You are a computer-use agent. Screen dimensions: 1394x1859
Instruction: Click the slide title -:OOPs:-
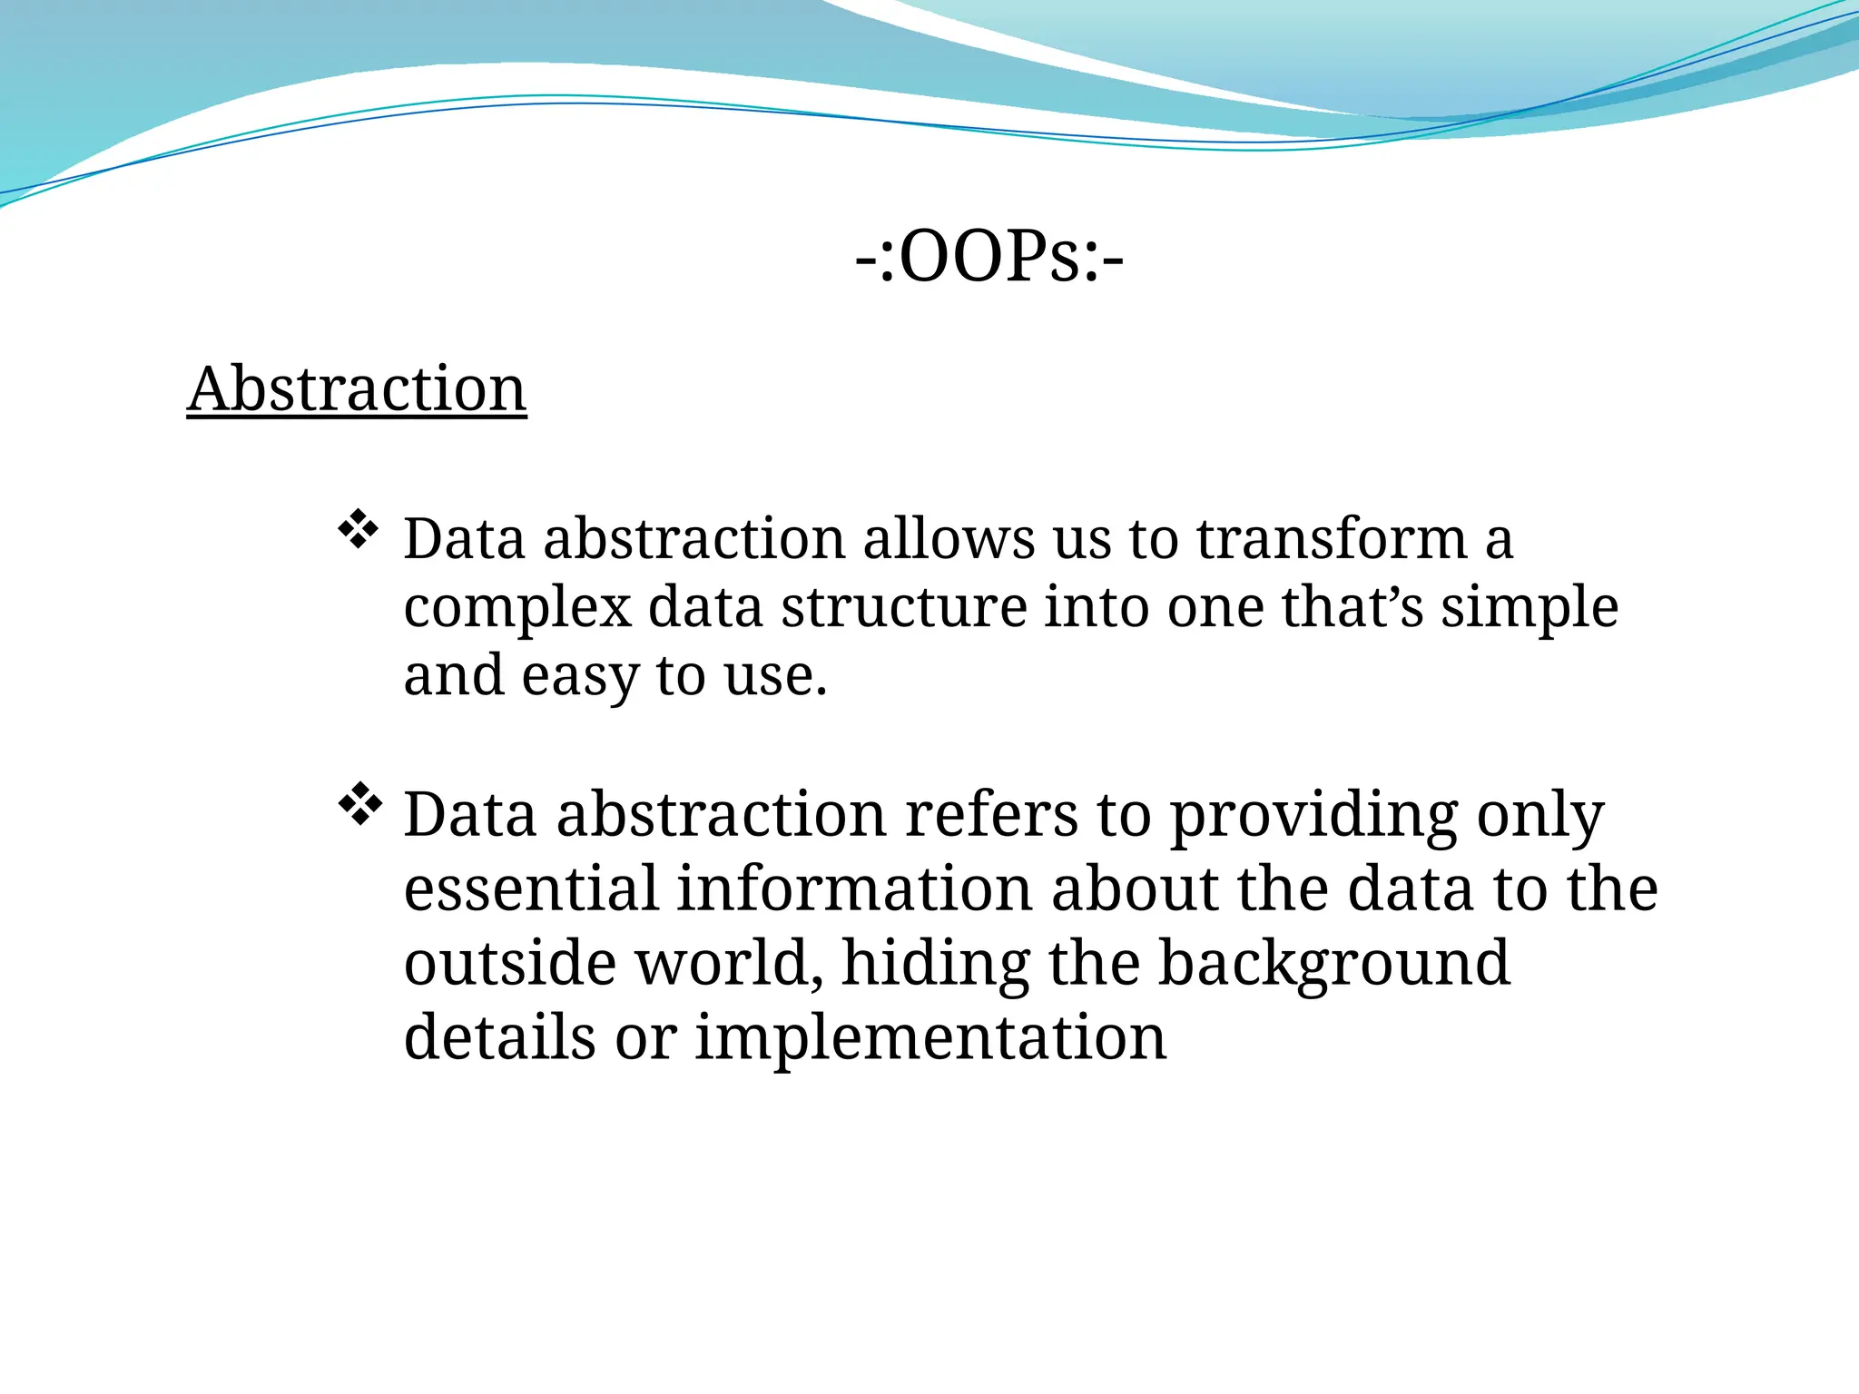[989, 258]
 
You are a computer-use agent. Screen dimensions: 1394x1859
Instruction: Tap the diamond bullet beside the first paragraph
[358, 530]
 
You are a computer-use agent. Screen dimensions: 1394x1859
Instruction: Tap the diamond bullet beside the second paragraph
[359, 803]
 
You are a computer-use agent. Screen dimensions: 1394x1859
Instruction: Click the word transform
[1332, 538]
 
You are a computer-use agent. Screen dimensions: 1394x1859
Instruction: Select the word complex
[517, 608]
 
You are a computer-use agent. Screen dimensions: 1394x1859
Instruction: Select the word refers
[991, 814]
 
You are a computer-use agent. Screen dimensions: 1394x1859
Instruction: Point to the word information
[854, 888]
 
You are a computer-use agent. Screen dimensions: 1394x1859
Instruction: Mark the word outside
[509, 963]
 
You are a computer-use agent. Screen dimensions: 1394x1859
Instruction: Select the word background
[1334, 965]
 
